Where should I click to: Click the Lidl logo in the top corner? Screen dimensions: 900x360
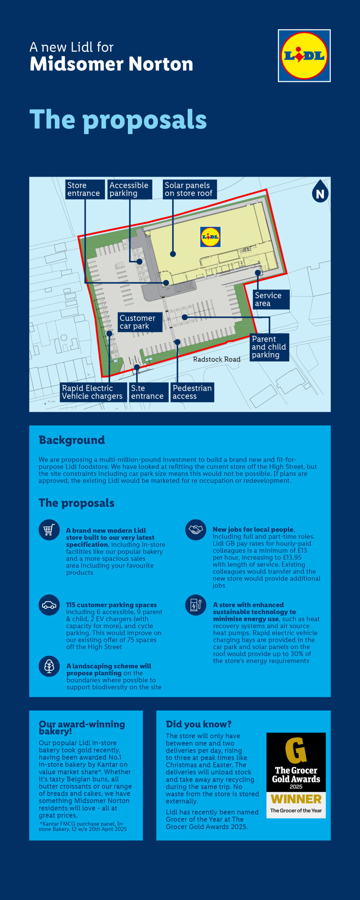pos(304,56)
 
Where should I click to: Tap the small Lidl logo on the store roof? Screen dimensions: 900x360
pos(210,237)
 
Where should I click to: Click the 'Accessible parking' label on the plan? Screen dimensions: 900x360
pos(129,189)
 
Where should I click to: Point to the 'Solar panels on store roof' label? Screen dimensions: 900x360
pos(189,189)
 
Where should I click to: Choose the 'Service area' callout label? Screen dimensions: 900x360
pos(271,300)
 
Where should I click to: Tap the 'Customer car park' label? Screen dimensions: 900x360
pos(140,322)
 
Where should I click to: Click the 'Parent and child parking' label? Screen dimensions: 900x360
pos(269,347)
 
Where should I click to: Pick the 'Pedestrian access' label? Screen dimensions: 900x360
pos(192,392)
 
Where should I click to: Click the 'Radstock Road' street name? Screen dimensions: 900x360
pos(217,359)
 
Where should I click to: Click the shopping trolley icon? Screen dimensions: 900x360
pos(49,530)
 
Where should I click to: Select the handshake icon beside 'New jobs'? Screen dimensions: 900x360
pos(196,530)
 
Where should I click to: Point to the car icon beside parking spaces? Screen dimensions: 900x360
pos(49,605)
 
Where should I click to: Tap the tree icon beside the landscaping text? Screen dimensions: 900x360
pos(49,666)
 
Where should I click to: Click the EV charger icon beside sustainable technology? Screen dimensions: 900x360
pos(196,605)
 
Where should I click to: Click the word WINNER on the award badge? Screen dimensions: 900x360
pos(296,799)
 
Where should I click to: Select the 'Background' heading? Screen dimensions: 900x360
pos(72,440)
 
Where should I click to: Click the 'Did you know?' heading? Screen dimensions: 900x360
pos(199,724)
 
